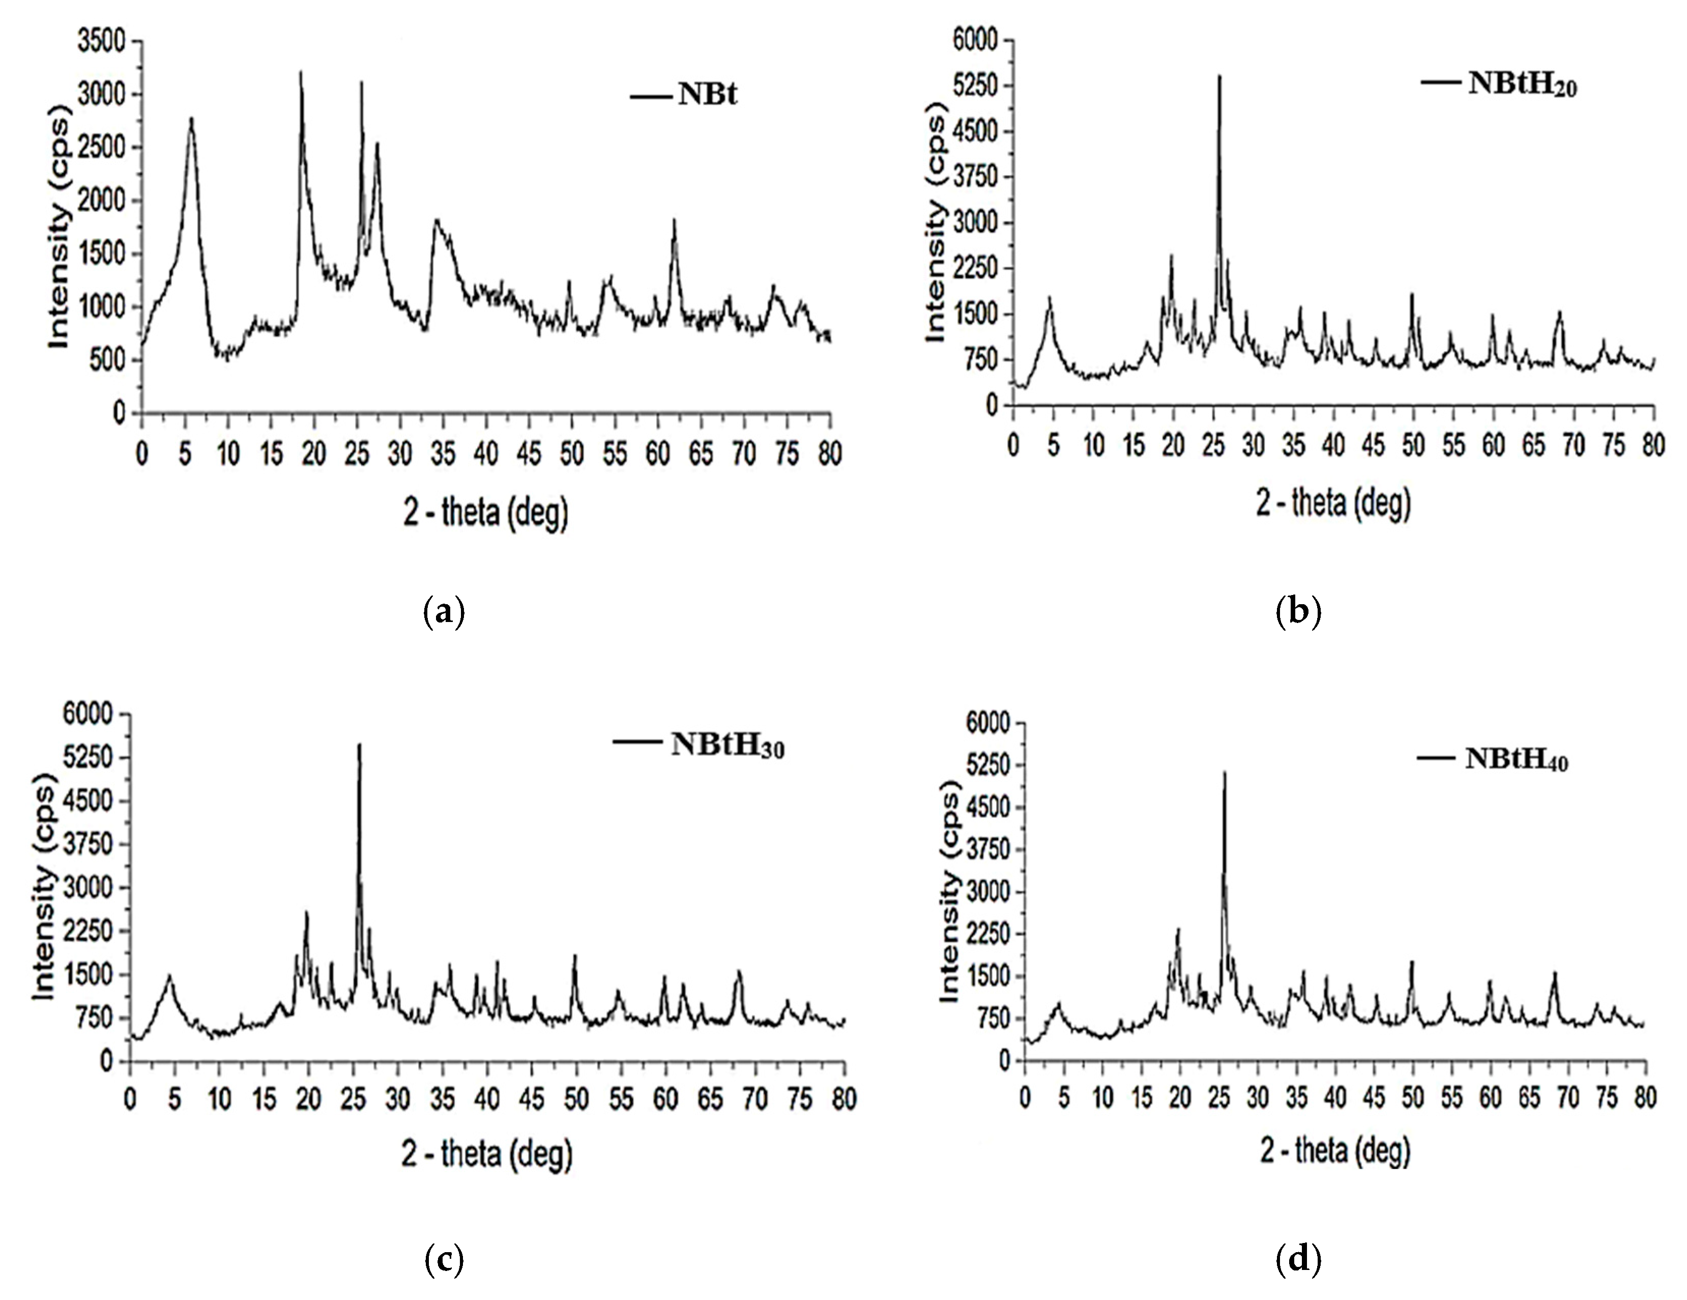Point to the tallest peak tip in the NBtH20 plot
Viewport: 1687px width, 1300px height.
[x=1219, y=76]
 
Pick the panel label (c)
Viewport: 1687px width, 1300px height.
[x=445, y=1261]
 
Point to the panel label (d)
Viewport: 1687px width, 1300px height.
[x=1298, y=1261]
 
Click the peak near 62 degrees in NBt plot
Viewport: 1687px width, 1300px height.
[x=674, y=221]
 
